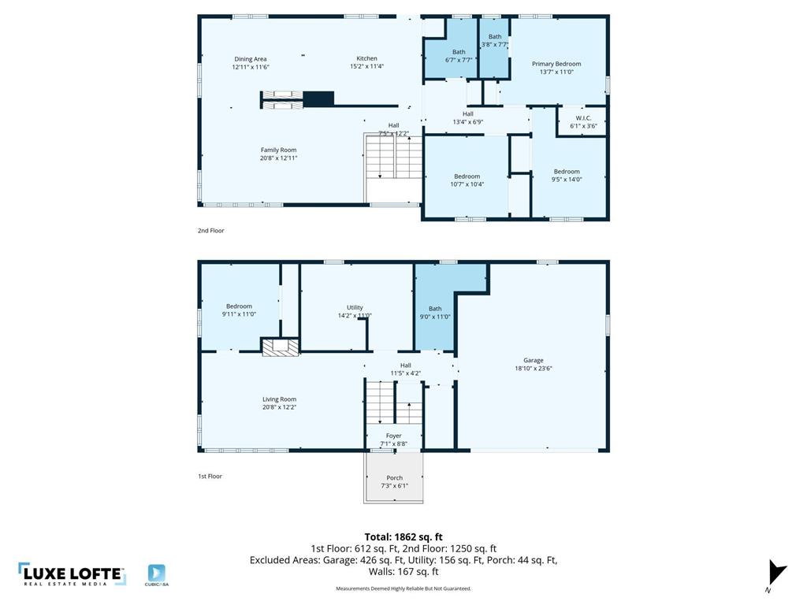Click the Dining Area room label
[250, 59]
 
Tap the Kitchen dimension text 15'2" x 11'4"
[366, 67]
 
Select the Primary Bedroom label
[556, 64]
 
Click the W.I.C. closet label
[583, 118]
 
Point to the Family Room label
[278, 150]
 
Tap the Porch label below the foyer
[394, 478]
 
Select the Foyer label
[393, 436]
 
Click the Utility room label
[355, 307]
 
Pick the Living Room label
[279, 399]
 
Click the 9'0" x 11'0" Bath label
[435, 309]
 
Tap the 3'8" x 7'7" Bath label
[495, 37]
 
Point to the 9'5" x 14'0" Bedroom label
[566, 172]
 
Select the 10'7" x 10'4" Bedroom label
[467, 176]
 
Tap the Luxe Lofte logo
[72, 574]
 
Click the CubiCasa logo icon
[157, 574]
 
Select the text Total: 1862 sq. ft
[403, 537]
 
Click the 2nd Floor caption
[210, 231]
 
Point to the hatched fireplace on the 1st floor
[280, 347]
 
